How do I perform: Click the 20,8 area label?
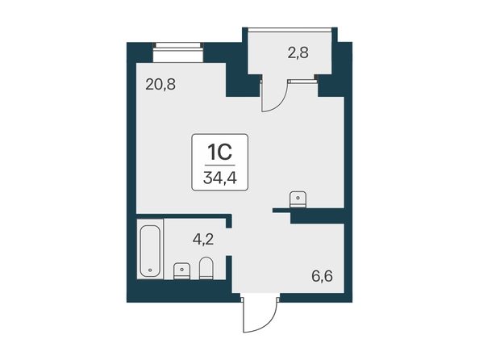[160, 85]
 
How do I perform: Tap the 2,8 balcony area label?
[298, 52]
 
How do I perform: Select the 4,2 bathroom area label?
[203, 240]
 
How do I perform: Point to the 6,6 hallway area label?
[322, 277]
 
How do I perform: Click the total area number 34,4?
[219, 178]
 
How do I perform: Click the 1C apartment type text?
[219, 152]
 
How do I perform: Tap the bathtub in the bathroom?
[150, 251]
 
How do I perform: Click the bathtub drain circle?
[150, 270]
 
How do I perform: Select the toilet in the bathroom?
[206, 268]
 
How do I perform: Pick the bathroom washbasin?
[181, 271]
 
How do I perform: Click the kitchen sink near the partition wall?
[298, 199]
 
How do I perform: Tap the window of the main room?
[178, 52]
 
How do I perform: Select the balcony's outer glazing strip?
[289, 30]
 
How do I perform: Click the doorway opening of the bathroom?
[229, 241]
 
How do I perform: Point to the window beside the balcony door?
[302, 82]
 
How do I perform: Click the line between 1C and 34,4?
[219, 165]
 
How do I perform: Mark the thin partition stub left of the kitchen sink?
[281, 210]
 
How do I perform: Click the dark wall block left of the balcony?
[241, 80]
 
